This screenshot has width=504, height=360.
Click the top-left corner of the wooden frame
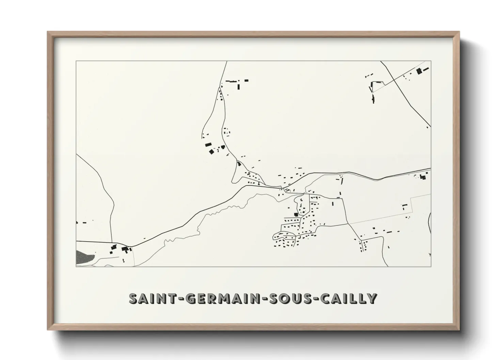[48, 32]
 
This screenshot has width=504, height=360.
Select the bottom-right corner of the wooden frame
[459, 330]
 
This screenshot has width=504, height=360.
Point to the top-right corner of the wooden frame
[459, 32]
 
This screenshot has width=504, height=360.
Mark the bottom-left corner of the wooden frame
[48, 330]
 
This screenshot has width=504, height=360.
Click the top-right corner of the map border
[431, 61]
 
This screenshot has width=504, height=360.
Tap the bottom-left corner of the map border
[76, 266]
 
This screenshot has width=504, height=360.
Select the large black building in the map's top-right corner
[419, 71]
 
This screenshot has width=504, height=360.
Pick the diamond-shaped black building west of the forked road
[211, 151]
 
